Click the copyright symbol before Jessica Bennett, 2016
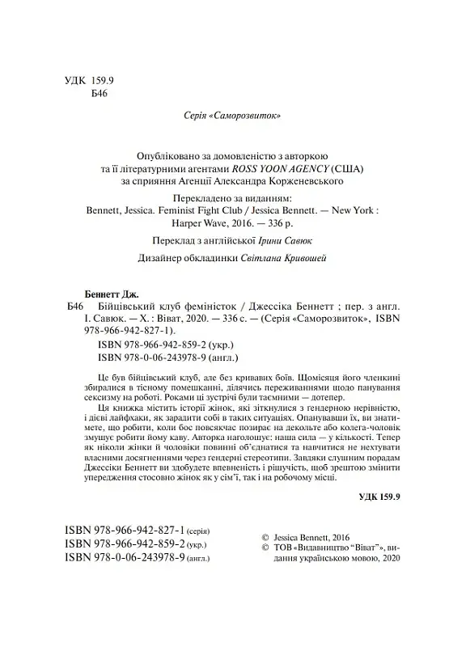point(268,535)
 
